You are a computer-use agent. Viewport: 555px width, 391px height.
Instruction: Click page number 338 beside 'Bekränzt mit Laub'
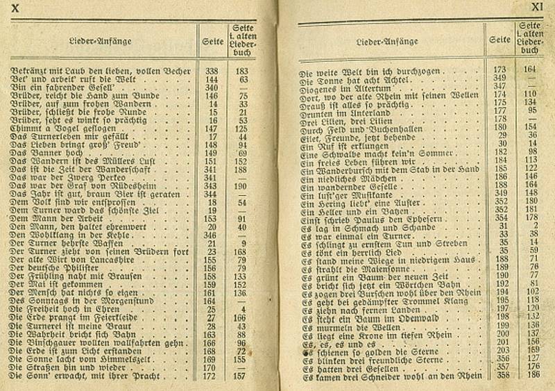tap(212, 71)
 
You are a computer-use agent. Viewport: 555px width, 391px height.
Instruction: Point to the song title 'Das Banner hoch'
tap(41, 153)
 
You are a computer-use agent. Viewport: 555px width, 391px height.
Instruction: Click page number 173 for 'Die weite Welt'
tap(498, 69)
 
